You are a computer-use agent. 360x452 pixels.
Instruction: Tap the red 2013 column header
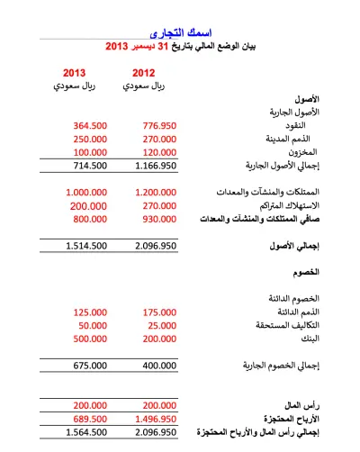click(76, 72)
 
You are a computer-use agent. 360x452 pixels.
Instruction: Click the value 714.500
click(90, 167)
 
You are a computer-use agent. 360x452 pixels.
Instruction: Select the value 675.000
click(90, 366)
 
